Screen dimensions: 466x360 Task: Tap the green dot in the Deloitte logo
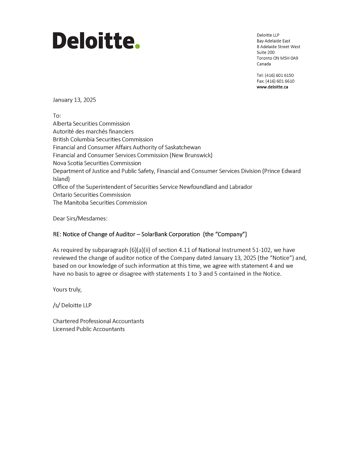137,46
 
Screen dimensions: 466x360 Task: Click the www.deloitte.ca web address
272,87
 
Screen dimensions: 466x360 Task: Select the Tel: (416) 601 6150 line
275,75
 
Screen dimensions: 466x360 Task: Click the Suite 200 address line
266,52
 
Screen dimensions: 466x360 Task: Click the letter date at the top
74,100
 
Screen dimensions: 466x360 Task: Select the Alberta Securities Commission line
91,124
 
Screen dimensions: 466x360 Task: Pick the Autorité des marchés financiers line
93,131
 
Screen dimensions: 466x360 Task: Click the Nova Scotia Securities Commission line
97,163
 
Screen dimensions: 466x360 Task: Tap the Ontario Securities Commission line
92,195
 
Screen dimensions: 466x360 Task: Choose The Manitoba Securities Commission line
100,202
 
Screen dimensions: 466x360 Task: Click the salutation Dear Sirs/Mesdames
80,218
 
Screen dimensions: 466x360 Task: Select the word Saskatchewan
183,147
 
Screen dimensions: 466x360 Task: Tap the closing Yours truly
67,289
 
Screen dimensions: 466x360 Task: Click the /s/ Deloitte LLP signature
72,305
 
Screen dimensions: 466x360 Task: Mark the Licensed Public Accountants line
89,329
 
